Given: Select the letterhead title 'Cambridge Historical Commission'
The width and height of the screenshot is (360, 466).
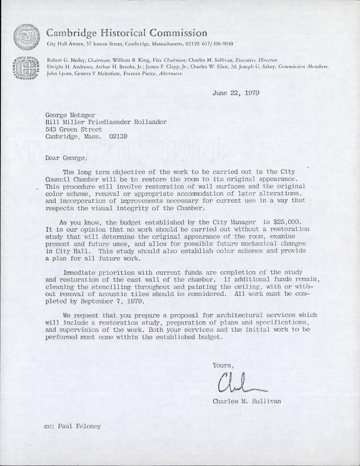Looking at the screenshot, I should (127, 33).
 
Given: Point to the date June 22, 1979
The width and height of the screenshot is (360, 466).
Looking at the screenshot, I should (236, 93).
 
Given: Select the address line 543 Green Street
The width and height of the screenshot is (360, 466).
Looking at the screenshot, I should (74, 129).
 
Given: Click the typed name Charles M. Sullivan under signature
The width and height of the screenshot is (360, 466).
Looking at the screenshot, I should (247, 401).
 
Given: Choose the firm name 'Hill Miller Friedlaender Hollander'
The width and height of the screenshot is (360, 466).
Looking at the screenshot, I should (106, 122).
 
